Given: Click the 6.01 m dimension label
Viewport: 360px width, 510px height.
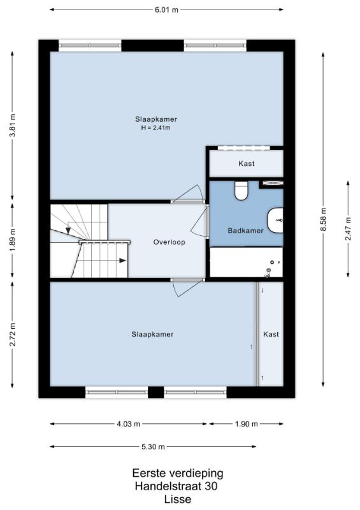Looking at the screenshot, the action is (166, 10).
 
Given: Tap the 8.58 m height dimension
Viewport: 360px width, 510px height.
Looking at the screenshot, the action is (323, 219).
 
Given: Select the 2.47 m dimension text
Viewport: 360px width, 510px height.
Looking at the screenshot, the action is (349, 229).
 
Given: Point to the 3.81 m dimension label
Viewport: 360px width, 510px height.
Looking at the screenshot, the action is (12, 125).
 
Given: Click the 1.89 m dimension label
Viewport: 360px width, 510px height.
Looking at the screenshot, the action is (12, 240).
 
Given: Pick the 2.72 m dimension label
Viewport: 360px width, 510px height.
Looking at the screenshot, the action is (12, 335).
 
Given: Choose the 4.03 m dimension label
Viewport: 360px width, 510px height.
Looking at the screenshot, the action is (129, 424).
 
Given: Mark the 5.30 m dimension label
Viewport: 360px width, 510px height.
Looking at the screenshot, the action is (153, 447).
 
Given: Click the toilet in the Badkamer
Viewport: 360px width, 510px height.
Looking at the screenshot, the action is (241, 190).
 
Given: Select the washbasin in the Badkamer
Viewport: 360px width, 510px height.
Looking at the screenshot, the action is (275, 220).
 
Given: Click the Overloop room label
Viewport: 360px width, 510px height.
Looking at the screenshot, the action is (169, 242).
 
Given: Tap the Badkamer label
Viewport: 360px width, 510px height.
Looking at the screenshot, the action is (245, 231).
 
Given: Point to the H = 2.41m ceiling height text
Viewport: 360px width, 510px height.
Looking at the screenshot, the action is (155, 128).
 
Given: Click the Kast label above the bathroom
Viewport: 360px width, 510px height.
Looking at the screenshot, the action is (247, 163).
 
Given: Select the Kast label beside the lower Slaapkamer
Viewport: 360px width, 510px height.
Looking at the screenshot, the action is (271, 334).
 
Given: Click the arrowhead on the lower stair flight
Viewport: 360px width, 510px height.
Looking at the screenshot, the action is (122, 260).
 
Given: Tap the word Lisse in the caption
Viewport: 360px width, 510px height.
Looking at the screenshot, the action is (178, 499).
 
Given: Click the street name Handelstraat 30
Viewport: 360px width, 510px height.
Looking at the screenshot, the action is (176, 486).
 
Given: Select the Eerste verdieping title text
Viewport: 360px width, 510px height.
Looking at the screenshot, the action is (178, 473).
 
